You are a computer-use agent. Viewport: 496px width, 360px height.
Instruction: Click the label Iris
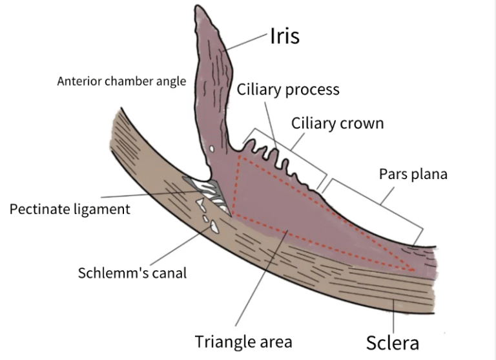coord(284,36)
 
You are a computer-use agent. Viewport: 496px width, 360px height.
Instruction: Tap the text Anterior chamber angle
coord(121,81)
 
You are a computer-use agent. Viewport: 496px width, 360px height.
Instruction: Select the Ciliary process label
coord(288,89)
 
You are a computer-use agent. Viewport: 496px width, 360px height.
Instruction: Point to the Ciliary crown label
coord(337,123)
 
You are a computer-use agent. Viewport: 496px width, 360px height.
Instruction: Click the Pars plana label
coord(413,175)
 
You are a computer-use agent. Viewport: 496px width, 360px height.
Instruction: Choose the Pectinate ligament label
coord(70,209)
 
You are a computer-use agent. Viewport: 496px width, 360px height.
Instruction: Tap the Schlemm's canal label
coord(132,272)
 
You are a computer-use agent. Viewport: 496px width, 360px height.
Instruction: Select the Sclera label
coord(393,343)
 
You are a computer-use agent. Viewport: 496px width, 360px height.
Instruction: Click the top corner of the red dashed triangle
coord(240,155)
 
